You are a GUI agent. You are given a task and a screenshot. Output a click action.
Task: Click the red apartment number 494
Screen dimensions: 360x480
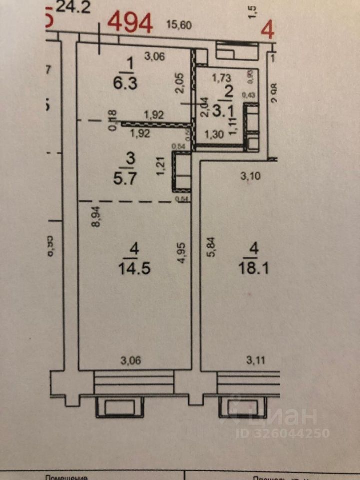coord(130,22)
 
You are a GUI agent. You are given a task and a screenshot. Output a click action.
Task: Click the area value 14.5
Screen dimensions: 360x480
coord(134,268)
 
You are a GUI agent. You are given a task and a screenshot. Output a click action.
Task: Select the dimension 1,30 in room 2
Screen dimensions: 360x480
coord(214,134)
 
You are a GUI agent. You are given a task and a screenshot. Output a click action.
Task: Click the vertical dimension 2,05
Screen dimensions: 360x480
coord(180,83)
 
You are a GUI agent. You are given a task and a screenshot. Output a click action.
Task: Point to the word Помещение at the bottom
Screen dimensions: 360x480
coord(66,477)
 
